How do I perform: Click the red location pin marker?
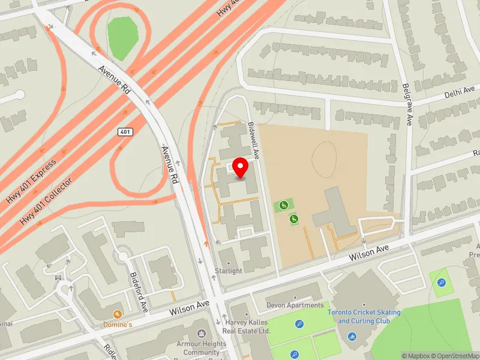[241, 168]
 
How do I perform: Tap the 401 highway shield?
[124, 131]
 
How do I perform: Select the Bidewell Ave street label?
[254, 140]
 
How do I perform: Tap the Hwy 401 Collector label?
[47, 201]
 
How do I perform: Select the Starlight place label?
[229, 271]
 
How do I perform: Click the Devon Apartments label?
[295, 305]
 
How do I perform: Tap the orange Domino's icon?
[118, 314]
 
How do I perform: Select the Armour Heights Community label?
[202, 348]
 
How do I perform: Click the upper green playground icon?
[284, 205]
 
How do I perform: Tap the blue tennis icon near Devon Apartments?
[299, 325]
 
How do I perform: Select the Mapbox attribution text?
[416, 355]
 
